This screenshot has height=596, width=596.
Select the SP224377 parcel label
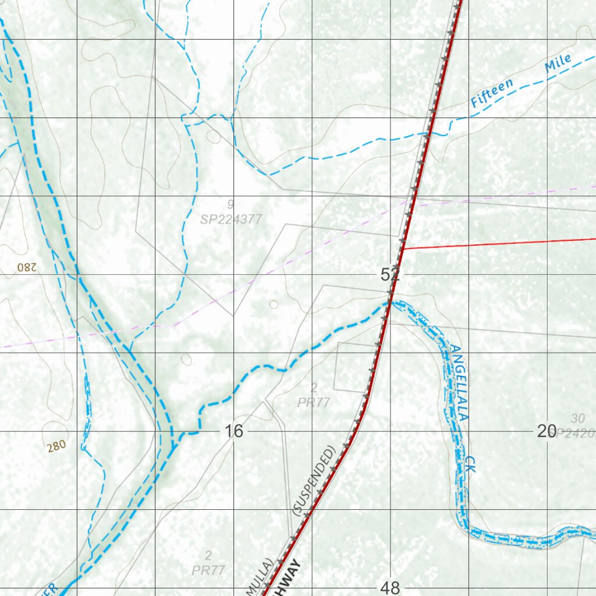point(231,219)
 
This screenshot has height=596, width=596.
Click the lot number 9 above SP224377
point(231,204)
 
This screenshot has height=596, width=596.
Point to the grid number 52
point(390,275)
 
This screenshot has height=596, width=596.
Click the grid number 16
point(233,431)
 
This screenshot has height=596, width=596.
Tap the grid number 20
point(547,431)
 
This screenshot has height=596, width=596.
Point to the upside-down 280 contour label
point(27,267)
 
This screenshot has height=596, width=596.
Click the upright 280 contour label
point(56,446)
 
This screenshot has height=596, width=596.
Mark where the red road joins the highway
point(403,249)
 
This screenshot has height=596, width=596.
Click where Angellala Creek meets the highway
point(389,303)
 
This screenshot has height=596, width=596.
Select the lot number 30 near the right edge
point(577,418)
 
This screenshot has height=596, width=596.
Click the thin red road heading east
point(501,244)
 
